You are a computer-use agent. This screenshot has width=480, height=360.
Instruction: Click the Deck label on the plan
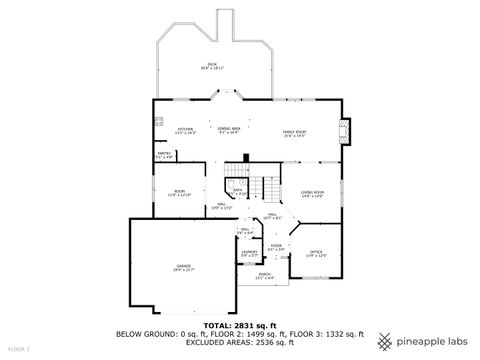click(x=212, y=68)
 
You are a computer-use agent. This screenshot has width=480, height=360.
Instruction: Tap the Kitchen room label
click(x=185, y=131)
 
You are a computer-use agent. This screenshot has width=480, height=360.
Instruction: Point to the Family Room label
click(x=293, y=134)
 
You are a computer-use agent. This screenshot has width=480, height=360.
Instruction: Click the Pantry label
click(x=164, y=155)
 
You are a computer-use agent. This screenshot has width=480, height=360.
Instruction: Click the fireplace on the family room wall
click(x=345, y=131)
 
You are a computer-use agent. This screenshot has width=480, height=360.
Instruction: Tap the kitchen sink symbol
click(x=158, y=122)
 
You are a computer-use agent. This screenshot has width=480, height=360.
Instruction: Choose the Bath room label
click(x=238, y=191)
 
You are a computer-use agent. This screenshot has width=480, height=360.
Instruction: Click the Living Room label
click(x=313, y=193)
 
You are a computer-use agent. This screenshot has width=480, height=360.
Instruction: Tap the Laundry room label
click(x=249, y=254)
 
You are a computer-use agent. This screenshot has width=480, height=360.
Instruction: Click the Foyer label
click(x=276, y=247)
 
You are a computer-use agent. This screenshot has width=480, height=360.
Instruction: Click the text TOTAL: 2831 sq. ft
click(x=240, y=326)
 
